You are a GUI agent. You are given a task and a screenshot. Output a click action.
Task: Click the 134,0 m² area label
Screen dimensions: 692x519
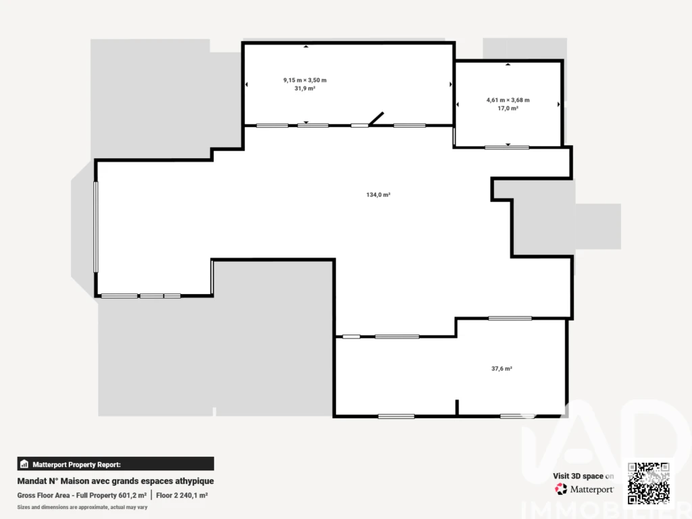378,195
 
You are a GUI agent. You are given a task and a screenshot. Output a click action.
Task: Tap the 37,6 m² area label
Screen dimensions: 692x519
502,368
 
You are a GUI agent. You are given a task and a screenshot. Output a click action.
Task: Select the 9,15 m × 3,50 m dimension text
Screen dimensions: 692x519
305,80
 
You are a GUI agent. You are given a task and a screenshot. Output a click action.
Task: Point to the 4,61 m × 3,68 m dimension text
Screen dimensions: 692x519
508,100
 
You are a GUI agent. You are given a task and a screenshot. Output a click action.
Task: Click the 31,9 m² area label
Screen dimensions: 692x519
305,89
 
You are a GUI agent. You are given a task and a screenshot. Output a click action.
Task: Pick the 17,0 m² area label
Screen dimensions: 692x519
508,108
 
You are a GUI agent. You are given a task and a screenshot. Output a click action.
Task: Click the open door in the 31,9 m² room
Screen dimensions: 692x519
376,119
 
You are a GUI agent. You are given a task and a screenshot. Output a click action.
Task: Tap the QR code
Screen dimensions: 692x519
649,483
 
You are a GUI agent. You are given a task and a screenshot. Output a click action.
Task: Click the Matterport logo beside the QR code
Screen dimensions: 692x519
585,489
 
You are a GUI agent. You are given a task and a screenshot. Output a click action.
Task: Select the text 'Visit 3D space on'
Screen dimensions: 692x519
583,476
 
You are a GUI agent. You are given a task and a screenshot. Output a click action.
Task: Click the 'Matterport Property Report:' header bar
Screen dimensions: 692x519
116,464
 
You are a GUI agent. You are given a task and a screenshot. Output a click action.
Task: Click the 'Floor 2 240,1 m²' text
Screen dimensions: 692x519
182,495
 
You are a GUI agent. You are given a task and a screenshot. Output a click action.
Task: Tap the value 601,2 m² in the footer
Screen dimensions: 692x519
132,495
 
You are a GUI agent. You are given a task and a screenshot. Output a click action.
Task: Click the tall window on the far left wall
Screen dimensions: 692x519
96,227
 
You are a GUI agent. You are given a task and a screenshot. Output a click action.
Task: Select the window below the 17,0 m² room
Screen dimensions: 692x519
507,147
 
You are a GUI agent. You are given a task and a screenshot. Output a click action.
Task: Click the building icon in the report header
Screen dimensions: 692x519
24,464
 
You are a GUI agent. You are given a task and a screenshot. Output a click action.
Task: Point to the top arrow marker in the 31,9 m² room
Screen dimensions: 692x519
306,47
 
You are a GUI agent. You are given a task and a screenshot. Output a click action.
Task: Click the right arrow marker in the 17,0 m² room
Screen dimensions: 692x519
558,105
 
